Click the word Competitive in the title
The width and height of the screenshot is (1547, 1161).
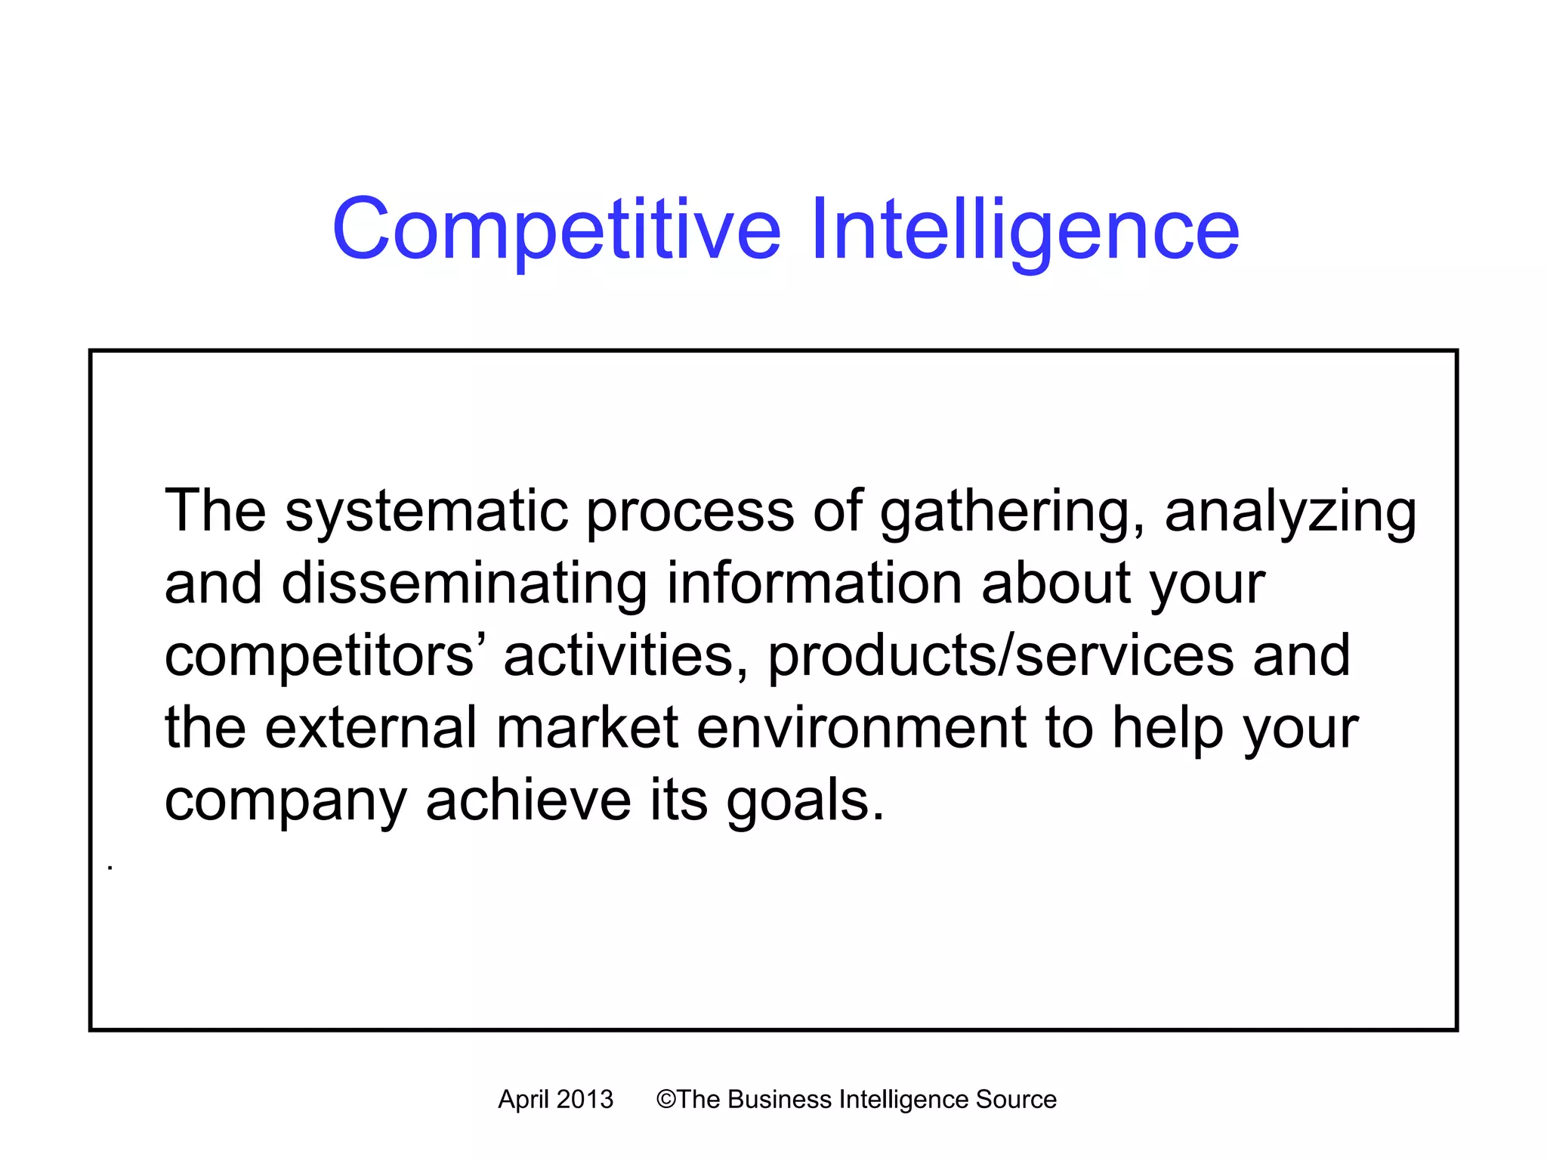[556, 229]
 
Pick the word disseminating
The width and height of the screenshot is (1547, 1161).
[464, 584]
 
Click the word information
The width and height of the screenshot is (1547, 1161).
[814, 584]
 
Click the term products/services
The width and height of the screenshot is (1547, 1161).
[1001, 656]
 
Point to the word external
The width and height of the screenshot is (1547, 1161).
[371, 727]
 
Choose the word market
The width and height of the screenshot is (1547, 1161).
[587, 727]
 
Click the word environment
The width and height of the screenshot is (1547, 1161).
[861, 727]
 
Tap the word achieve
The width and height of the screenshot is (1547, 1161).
[528, 800]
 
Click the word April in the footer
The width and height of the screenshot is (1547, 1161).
[523, 1100]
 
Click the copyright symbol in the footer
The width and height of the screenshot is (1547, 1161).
[665, 1100]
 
